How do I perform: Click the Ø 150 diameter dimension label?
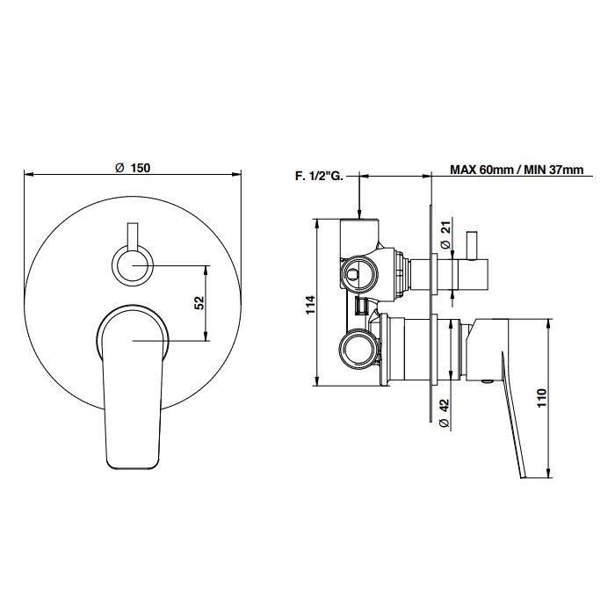click(x=133, y=168)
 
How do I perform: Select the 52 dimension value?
click(x=200, y=303)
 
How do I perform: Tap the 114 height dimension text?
click(x=310, y=304)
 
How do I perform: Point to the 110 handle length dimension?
click(x=542, y=398)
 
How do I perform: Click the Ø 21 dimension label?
click(x=445, y=234)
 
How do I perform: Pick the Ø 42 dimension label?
click(x=445, y=414)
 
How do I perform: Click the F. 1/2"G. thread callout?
click(x=319, y=177)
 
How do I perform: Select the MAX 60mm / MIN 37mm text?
click(x=517, y=170)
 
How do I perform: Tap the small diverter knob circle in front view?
click(x=133, y=265)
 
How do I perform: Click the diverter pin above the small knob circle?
click(x=133, y=235)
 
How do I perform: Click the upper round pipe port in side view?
click(x=359, y=274)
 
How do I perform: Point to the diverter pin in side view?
click(x=472, y=245)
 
